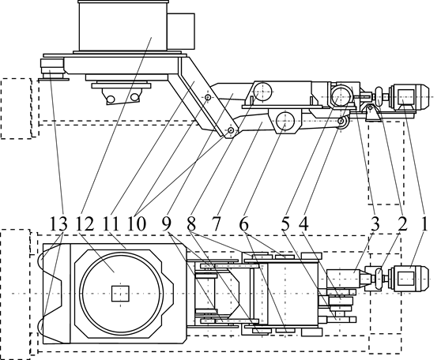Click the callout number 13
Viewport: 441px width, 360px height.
click(58, 224)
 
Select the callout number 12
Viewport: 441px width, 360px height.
click(85, 224)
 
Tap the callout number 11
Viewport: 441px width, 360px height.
click(111, 224)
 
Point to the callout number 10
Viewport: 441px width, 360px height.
click(137, 224)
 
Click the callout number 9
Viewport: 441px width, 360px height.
click(167, 224)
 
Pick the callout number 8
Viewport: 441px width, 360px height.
click(191, 224)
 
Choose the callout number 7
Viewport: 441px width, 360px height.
click(216, 224)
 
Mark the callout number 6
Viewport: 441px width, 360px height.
click(244, 224)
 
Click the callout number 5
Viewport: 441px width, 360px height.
click(285, 224)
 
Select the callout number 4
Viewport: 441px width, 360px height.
click(303, 224)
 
